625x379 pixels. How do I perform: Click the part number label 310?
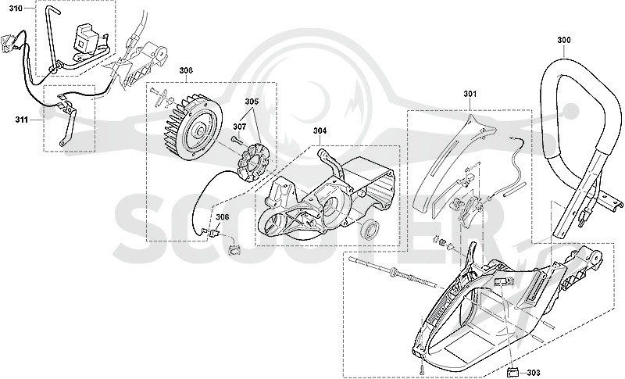click(x=16, y=8)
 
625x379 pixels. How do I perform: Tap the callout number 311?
click(x=22, y=119)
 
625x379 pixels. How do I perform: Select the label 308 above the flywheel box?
click(x=186, y=70)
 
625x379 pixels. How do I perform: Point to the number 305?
click(x=252, y=102)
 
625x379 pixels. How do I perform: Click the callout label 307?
click(x=239, y=127)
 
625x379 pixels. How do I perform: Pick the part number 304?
click(x=320, y=131)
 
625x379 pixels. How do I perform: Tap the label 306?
click(x=223, y=216)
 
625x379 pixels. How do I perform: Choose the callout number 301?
click(x=470, y=94)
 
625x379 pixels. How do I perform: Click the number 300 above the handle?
click(x=563, y=40)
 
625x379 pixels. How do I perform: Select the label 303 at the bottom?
click(x=534, y=373)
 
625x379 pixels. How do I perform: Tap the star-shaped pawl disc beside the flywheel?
click(x=252, y=164)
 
